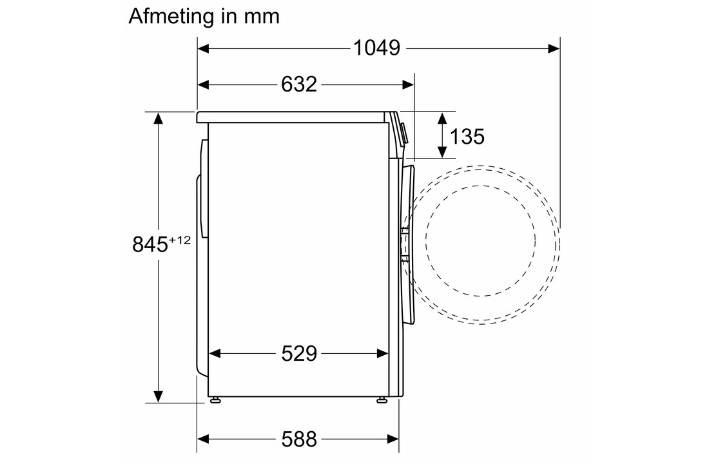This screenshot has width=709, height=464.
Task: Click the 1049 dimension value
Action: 376,48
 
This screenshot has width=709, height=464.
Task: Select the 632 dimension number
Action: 299,84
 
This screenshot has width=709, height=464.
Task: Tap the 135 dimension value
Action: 467,136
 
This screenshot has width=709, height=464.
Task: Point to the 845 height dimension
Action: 150,244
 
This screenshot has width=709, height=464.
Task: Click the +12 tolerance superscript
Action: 180,240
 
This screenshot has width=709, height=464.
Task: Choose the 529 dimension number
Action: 299,353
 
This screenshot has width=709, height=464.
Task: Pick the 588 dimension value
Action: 299,439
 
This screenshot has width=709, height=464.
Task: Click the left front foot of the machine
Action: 215,400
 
